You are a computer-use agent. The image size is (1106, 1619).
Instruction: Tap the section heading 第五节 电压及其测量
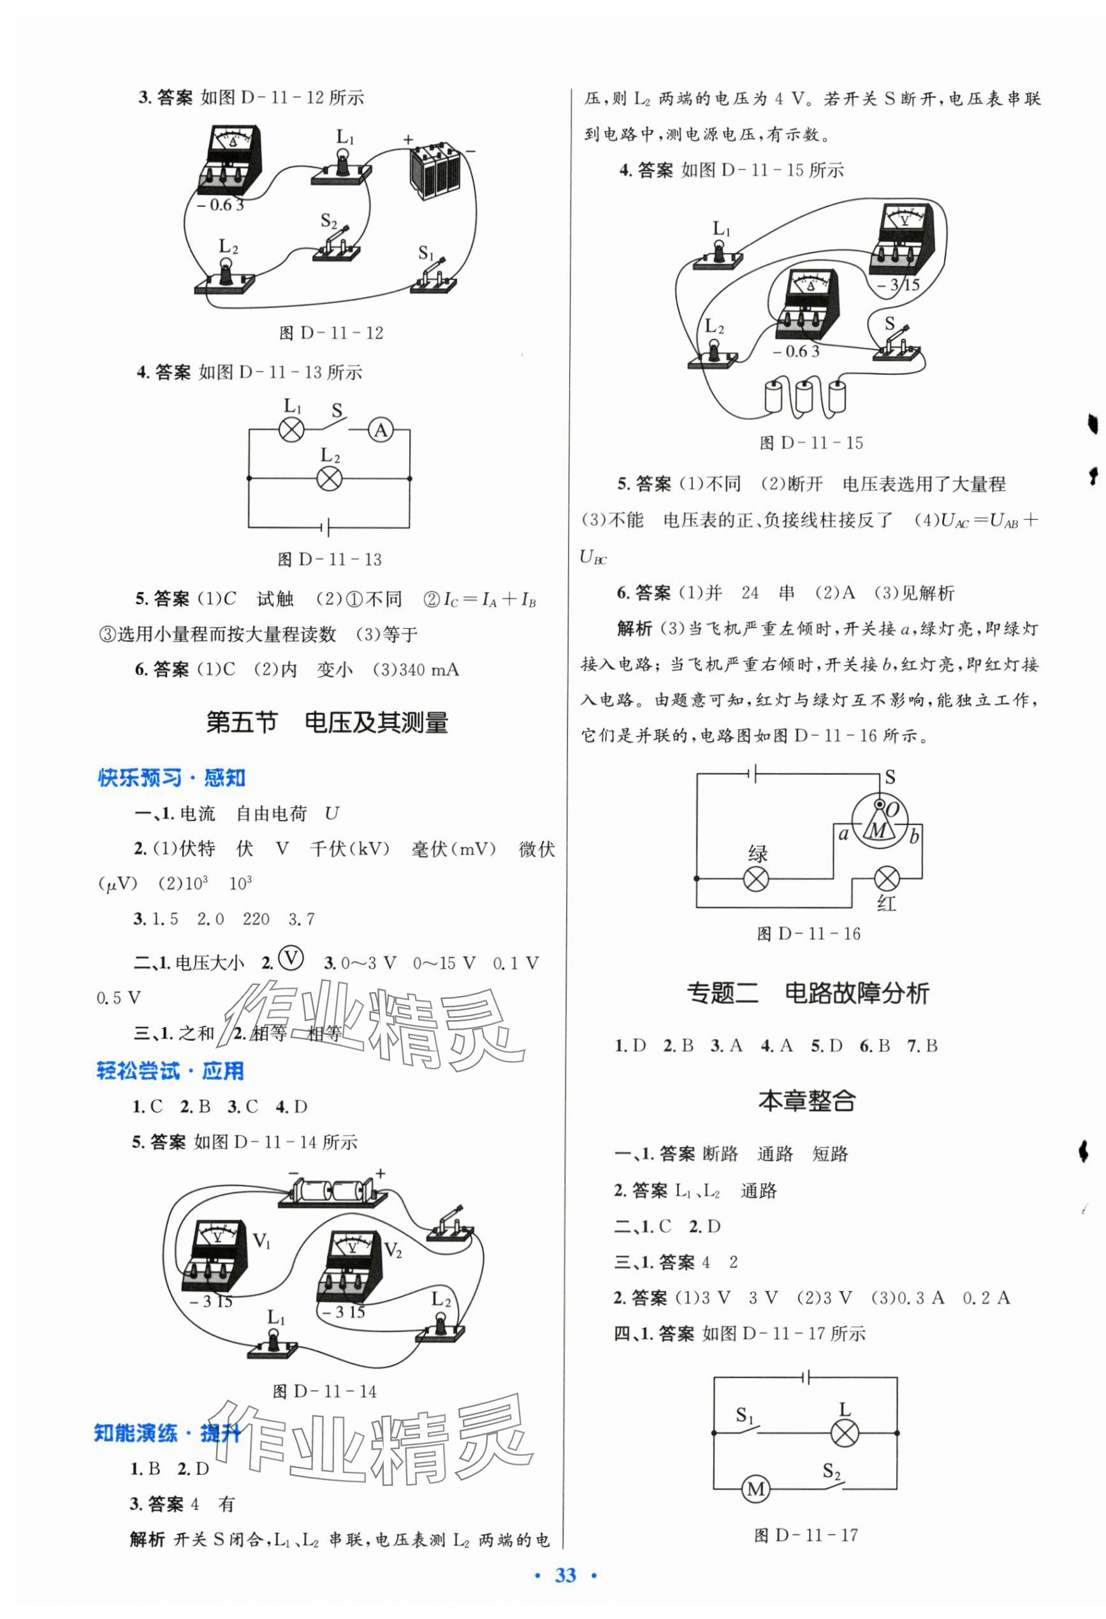pyautogui.click(x=327, y=723)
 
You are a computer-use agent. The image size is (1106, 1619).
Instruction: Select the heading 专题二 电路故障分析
pyautogui.click(x=808, y=993)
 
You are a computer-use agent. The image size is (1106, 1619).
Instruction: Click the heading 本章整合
pyautogui.click(x=806, y=1101)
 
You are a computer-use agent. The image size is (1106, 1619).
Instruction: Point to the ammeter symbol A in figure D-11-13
pyautogui.click(x=381, y=431)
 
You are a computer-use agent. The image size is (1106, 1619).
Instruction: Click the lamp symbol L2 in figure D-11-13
pyautogui.click(x=329, y=478)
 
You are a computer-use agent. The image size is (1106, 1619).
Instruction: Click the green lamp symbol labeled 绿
pyautogui.click(x=756, y=879)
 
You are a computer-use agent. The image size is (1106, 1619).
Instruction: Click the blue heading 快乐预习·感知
pyautogui.click(x=171, y=778)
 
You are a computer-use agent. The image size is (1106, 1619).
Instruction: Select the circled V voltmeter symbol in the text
pyautogui.click(x=291, y=960)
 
